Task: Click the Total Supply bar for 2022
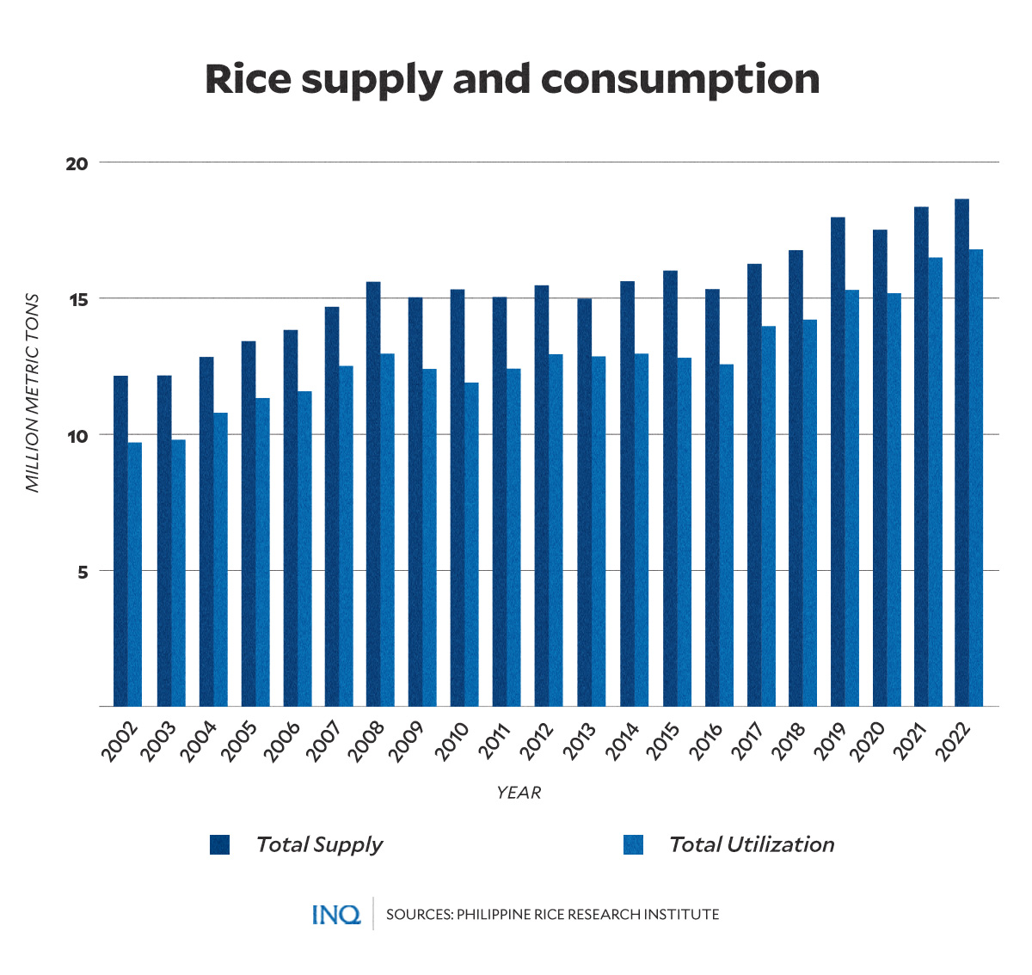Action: (961, 452)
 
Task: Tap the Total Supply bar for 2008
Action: (373, 494)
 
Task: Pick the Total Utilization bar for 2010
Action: (471, 544)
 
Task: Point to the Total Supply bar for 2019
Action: (838, 462)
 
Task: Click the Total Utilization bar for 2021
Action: (935, 481)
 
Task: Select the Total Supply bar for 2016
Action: (712, 497)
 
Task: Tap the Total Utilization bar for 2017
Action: (768, 516)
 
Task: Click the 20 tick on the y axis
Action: (77, 163)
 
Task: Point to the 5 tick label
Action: (83, 572)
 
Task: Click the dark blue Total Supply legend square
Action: (219, 844)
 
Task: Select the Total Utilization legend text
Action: (751, 844)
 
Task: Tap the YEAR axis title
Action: (518, 793)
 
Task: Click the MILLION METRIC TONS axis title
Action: (33, 392)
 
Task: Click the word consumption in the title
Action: (679, 79)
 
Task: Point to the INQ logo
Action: (336, 914)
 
